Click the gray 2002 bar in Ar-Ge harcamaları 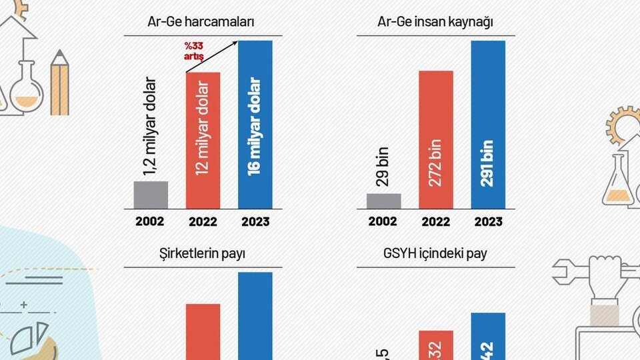151,195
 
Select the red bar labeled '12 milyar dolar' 203,140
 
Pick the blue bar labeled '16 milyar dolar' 255,125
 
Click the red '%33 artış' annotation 194,52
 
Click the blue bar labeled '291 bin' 488,125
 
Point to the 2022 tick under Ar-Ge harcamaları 203,222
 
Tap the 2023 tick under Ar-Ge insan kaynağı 488,222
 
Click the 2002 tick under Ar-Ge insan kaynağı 383,222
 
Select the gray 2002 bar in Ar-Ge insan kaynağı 383,201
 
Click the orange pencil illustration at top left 59,83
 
